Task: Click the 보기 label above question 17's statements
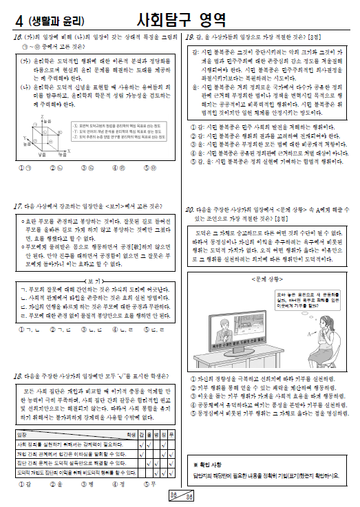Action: pyautogui.click(x=94, y=281)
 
